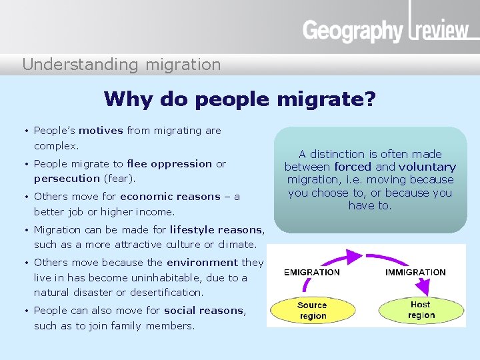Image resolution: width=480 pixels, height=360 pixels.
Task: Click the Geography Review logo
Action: coord(385,30)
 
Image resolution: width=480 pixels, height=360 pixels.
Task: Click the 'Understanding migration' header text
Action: coord(121,65)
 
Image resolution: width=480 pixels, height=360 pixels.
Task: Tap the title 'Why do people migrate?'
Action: coord(240,99)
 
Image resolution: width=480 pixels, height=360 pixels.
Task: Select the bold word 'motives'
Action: coord(101,131)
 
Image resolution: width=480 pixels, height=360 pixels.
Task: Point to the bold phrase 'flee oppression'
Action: coord(169,164)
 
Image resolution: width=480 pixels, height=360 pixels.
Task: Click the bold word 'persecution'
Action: coord(67,179)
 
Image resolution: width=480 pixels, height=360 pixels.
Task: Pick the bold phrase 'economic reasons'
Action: coord(170,197)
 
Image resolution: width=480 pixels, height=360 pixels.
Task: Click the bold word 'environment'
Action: coord(202,263)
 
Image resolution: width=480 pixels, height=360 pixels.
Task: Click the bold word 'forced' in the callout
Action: coord(353,167)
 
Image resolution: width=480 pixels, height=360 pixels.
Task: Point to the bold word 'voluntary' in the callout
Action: coord(427,167)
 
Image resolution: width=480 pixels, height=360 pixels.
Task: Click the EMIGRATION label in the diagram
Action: coord(311,272)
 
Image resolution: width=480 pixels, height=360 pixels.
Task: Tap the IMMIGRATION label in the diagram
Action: coord(415,272)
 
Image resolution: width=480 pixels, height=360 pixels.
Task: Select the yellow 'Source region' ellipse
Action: coord(312,311)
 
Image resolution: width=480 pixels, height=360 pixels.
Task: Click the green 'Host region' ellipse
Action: coord(421,310)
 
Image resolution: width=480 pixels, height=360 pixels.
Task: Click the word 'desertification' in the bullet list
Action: coord(169,292)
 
